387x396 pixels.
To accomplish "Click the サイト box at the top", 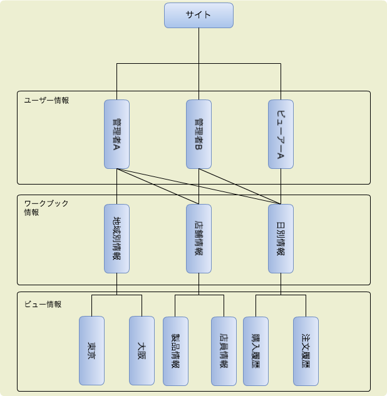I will (199, 15).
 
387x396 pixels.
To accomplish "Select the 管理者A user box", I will (116, 134).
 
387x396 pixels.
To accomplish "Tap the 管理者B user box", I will (199, 134).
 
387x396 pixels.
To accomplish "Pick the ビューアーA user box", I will (281, 134).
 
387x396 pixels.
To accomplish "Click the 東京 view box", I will (91, 350).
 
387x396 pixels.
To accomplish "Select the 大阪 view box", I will (142, 350).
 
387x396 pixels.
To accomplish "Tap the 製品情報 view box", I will (175, 350).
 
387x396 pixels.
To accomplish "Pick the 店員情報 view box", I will (224, 350).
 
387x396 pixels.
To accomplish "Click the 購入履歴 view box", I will (255, 350).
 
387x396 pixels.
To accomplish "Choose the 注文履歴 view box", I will (306, 350).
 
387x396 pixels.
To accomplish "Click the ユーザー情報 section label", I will (46, 100).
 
